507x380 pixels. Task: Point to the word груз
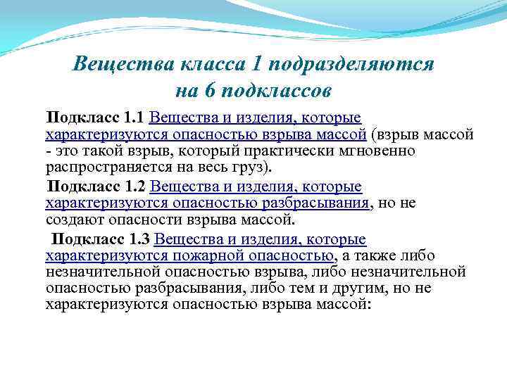(x=258, y=167)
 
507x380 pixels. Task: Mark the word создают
(x=75, y=220)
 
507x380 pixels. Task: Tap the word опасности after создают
(x=146, y=220)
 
